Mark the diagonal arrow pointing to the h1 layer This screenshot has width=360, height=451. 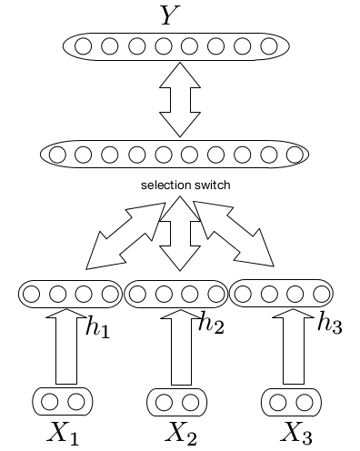(x=120, y=236)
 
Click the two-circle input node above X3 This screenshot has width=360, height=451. (x=292, y=400)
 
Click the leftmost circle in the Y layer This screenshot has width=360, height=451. (x=84, y=45)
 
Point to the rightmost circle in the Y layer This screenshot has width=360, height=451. (x=269, y=45)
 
